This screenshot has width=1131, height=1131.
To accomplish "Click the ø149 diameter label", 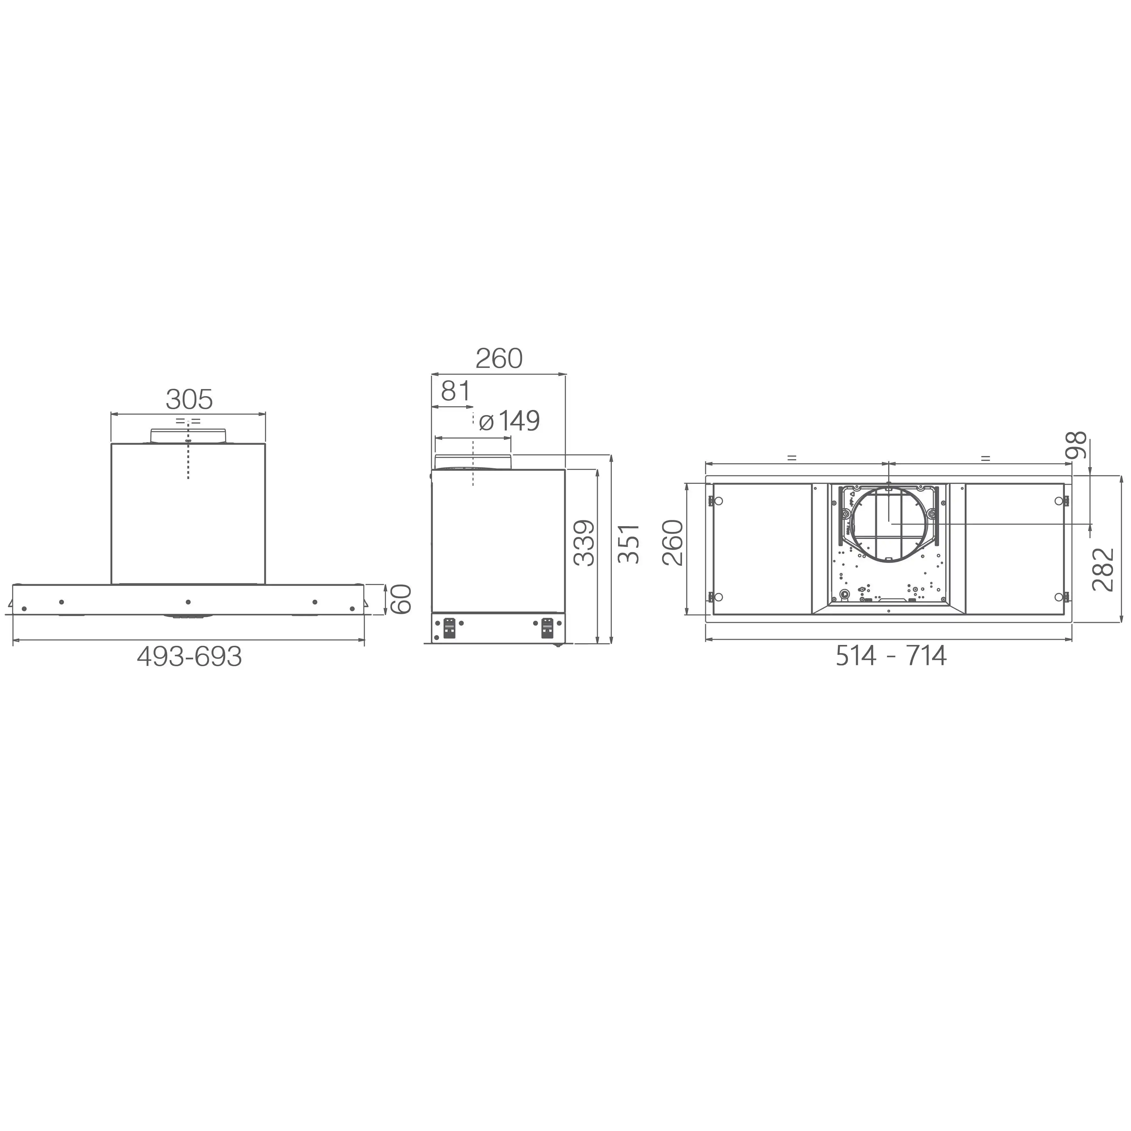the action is tap(509, 421).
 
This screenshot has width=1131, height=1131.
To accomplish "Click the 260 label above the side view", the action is tap(499, 358).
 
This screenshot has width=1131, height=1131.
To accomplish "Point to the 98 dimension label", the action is tap(1076, 445).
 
